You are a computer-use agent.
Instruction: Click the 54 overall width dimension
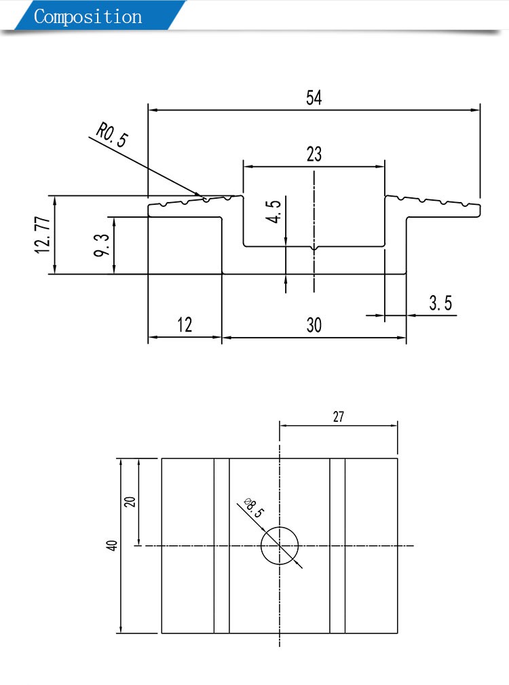click(x=314, y=98)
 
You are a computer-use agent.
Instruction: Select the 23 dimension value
click(x=314, y=154)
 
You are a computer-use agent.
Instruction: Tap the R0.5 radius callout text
click(x=113, y=134)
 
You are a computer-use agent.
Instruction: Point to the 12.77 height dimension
click(x=43, y=235)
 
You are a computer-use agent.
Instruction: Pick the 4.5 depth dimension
click(x=275, y=212)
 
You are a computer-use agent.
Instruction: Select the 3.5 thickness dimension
click(x=440, y=303)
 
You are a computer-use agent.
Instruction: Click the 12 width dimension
click(x=185, y=325)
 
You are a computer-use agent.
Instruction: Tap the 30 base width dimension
click(x=314, y=325)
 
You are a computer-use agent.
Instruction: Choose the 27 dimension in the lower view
click(x=338, y=417)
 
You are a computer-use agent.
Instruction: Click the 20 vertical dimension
click(x=130, y=502)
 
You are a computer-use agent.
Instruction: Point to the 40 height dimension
click(x=113, y=545)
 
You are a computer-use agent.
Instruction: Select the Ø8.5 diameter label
click(x=253, y=508)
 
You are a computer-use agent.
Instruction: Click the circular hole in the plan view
click(x=280, y=545)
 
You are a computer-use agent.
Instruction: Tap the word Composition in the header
click(x=88, y=16)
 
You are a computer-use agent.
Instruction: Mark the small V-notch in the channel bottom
click(x=314, y=250)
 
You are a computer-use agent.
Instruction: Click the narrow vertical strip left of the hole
click(x=222, y=545)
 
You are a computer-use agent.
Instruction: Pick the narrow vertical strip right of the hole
click(x=337, y=545)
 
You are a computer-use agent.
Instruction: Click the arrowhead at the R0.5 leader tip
click(x=201, y=197)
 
